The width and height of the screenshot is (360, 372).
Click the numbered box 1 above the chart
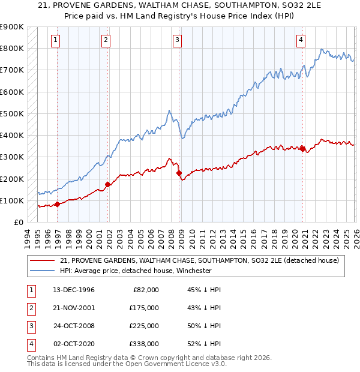coord(55,40)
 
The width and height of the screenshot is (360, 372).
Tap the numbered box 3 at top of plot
coord(178,40)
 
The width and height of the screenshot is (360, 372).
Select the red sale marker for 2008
coord(179,173)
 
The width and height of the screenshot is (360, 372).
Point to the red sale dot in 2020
coord(302,149)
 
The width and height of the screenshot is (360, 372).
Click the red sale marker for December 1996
coord(58,204)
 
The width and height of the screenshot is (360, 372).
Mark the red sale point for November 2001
coord(108,184)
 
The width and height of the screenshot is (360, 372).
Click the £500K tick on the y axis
coord(12,113)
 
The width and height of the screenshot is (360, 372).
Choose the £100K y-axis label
coord(12,200)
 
